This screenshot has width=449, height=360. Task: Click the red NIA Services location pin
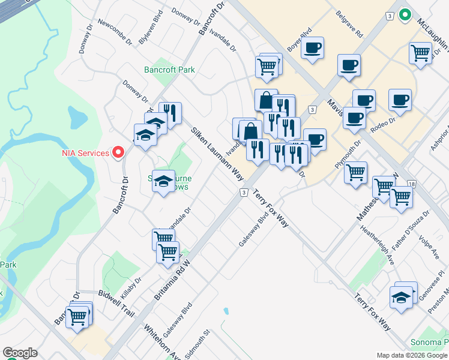click(x=118, y=152)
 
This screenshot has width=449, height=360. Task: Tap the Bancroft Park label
click(x=170, y=70)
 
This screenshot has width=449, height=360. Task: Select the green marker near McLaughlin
click(x=405, y=15)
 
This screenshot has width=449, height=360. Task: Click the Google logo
click(x=20, y=353)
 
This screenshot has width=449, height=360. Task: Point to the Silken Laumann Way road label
click(x=217, y=154)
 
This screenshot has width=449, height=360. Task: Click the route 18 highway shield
click(x=411, y=184)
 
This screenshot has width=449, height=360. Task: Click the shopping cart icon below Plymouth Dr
click(x=356, y=173)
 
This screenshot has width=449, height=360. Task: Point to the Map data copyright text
click(x=411, y=355)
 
